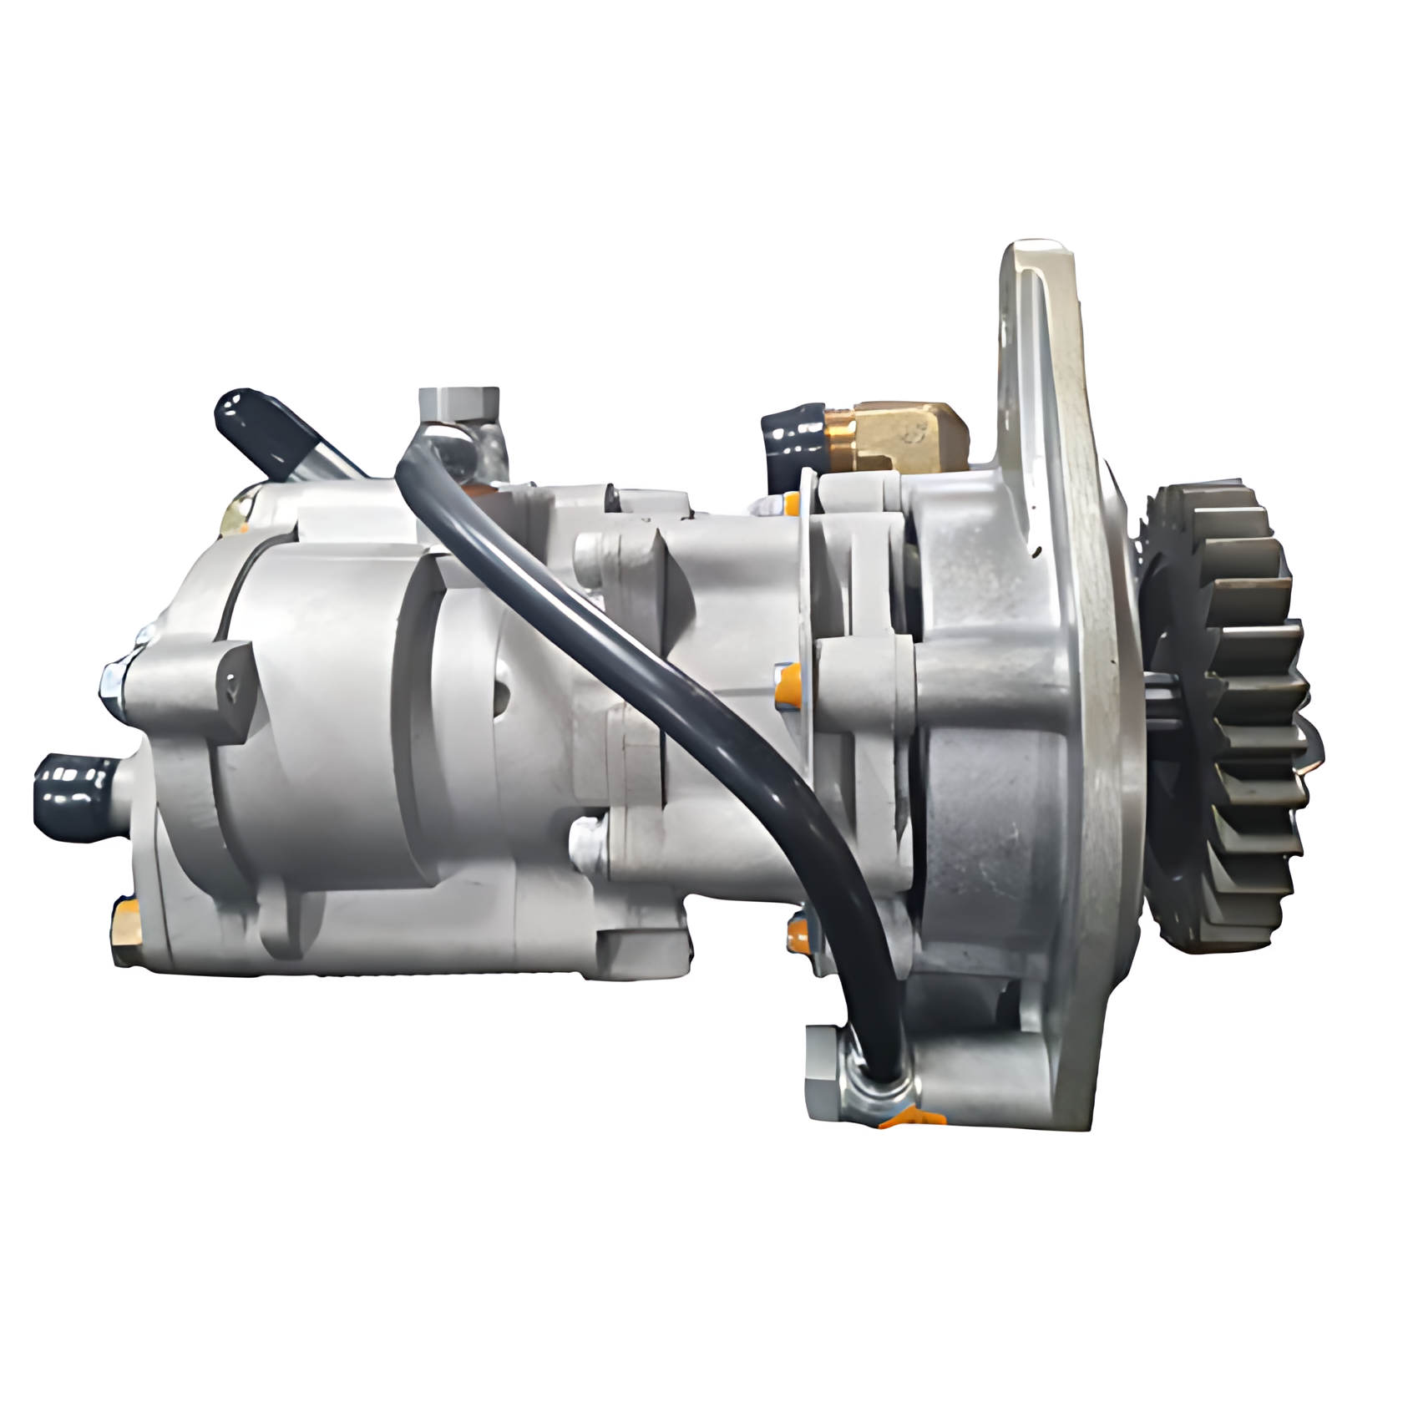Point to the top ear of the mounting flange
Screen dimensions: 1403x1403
pos(1036,276)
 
